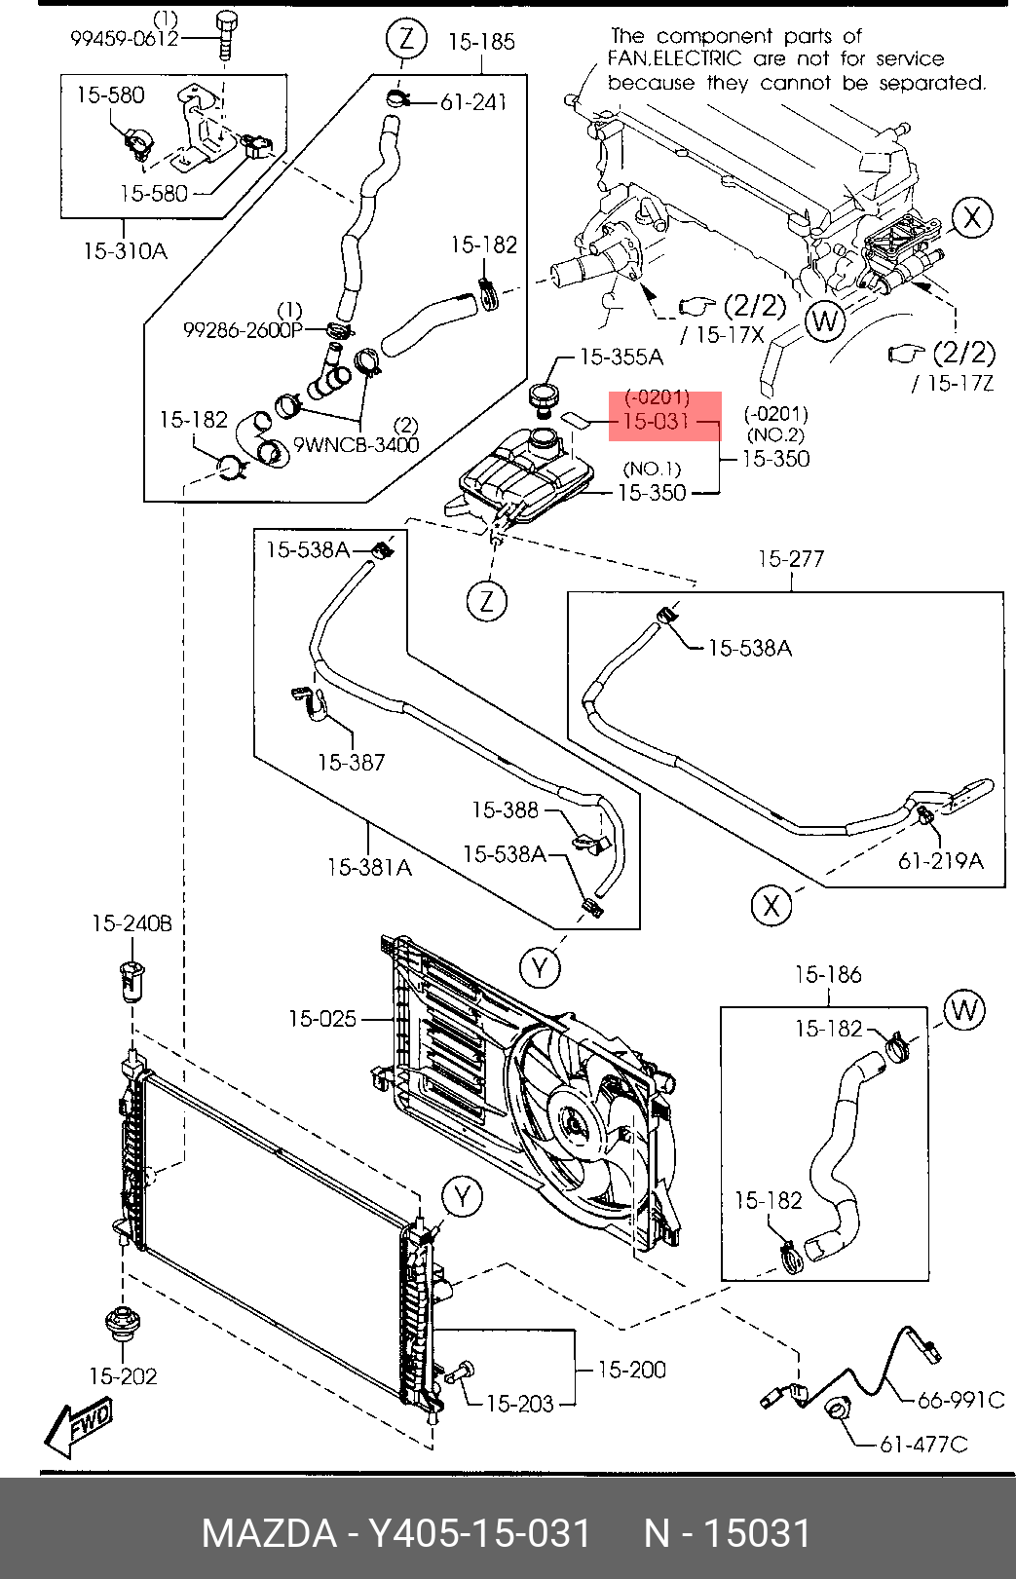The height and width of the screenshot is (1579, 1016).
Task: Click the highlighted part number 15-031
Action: coord(656,421)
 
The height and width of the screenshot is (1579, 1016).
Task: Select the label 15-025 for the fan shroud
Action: coord(322,1019)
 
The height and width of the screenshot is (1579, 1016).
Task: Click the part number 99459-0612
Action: coord(124,38)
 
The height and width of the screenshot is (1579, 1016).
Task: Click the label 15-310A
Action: coord(126,250)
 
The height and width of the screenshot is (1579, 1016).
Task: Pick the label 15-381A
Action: coord(369,867)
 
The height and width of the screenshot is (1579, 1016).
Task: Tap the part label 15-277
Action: coord(791,559)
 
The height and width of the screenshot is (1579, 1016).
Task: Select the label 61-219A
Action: coord(941,861)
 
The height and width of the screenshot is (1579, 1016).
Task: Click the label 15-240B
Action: coord(132,923)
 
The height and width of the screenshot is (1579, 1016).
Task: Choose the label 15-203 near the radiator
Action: coord(519,1404)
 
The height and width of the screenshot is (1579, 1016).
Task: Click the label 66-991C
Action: coord(961,1400)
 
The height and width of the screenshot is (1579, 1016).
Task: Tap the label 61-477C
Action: coord(923,1445)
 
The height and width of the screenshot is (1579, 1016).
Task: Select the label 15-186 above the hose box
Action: coord(828,975)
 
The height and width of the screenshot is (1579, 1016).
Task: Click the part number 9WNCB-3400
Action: coord(356,445)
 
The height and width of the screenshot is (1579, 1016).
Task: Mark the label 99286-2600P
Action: coord(243,330)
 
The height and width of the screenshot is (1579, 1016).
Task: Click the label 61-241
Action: coord(473,103)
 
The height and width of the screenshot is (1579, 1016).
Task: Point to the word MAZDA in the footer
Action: coord(270,1533)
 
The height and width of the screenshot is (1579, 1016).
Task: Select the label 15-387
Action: coord(351,762)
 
